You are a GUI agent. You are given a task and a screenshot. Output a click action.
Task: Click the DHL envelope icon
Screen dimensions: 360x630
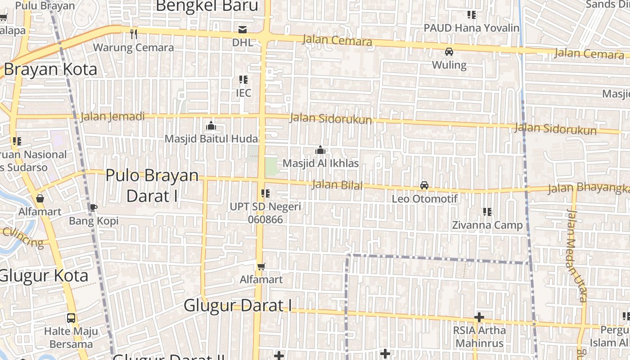coord(243,30)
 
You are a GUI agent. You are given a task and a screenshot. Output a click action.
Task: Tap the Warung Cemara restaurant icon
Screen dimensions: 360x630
coord(133,34)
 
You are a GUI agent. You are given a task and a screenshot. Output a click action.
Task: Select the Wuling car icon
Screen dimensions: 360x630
coord(449,52)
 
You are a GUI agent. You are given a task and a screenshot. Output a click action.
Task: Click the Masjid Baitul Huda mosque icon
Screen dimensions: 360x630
coord(211,126)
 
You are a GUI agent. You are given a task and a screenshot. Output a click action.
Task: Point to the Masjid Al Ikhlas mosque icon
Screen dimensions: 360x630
coord(320,150)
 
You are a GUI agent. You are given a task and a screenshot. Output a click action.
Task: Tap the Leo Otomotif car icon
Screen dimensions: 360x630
coord(424,185)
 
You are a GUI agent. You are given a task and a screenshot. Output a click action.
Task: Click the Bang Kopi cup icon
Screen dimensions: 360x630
coord(94,207)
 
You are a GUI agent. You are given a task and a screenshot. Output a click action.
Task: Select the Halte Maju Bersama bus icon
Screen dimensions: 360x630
coord(71,318)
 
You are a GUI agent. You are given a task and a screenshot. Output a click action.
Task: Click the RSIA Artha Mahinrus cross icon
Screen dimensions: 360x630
coord(479,317)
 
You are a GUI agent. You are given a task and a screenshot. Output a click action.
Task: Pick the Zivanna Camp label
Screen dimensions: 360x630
coord(487,225)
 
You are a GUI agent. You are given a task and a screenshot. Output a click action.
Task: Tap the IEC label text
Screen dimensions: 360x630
coord(243,93)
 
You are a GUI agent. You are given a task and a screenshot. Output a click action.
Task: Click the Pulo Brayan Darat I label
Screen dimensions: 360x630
coord(152,185)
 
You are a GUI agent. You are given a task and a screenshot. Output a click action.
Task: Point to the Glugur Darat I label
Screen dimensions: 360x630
coord(237,306)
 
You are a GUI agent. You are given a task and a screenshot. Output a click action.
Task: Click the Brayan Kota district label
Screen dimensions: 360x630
coord(50,69)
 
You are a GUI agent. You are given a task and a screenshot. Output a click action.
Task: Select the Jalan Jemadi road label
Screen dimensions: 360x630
coord(112,117)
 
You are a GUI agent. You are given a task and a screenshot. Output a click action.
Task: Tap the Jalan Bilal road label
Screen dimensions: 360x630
coord(337,184)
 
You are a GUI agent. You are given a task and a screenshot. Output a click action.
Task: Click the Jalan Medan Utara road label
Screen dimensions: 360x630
coord(577,255)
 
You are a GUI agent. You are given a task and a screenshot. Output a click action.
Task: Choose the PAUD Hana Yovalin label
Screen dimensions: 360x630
coord(472,28)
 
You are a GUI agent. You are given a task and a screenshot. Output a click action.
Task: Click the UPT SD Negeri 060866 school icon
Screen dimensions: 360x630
coord(265,193)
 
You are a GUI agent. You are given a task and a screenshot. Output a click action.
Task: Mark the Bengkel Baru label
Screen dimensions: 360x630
coord(207,6)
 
